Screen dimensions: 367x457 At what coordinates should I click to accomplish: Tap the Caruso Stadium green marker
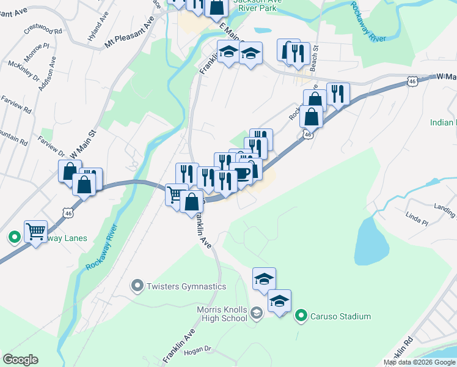[x=301, y=316]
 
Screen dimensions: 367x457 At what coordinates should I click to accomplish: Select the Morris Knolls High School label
[x=222, y=314]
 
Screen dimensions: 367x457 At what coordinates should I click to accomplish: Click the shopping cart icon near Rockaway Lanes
[x=36, y=232]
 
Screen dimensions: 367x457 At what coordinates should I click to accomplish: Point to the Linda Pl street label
[x=415, y=217]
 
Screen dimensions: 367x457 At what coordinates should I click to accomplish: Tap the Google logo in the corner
[x=20, y=360]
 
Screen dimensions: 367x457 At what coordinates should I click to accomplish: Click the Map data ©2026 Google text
[x=419, y=362]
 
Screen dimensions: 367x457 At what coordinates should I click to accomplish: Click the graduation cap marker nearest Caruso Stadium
[x=280, y=301]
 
